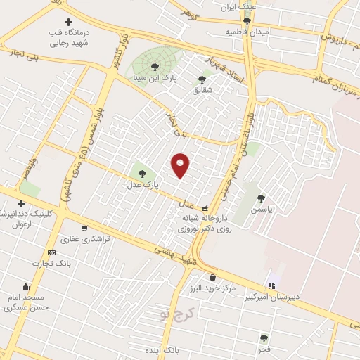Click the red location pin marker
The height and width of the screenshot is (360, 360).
[181, 165]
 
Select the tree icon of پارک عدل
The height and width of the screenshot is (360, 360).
[142, 172]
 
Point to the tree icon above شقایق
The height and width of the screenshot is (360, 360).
[202, 79]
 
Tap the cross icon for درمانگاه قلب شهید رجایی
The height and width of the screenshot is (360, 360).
[67, 23]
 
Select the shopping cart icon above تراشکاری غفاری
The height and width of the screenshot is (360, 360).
[84, 228]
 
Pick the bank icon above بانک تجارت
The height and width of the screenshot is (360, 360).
[51, 252]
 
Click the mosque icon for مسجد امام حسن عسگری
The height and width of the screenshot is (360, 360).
[26, 286]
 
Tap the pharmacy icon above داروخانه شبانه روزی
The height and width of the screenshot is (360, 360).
[205, 208]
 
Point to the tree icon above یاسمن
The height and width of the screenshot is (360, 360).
[262, 198]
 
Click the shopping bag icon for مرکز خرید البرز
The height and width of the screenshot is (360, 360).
[213, 277]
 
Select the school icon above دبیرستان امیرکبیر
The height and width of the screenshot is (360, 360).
[271, 285]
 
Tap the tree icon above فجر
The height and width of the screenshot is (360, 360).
[264, 338]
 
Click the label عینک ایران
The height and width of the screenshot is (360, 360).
[236, 8]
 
